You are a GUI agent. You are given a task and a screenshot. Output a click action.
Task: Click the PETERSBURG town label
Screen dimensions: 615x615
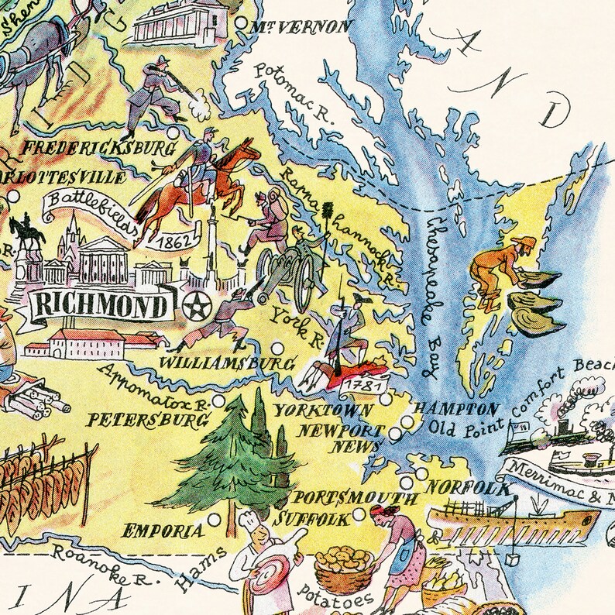point(146,420)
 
